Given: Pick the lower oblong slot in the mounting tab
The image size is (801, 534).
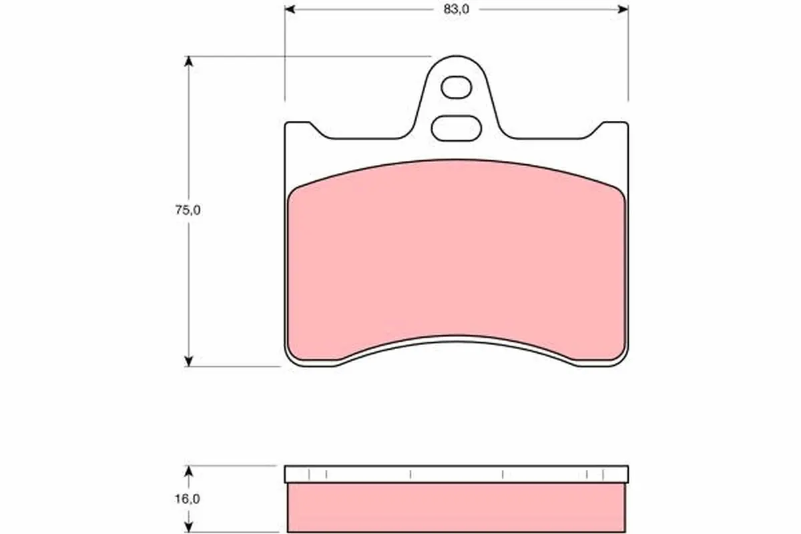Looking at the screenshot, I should tap(457, 127).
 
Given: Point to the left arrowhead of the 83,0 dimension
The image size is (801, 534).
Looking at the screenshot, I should tap(290, 9).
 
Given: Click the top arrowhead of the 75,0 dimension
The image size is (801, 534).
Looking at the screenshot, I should tap(190, 61).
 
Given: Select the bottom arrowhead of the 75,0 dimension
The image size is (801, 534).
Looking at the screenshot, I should tap(190, 361).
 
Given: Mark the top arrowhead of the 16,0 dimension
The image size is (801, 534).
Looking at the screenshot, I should tap(190, 471).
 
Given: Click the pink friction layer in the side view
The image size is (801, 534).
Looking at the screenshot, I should tap(457, 507).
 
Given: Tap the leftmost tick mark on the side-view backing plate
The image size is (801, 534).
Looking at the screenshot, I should tap(310, 474).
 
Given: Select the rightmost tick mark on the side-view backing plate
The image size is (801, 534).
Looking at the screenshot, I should tap(603, 474).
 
